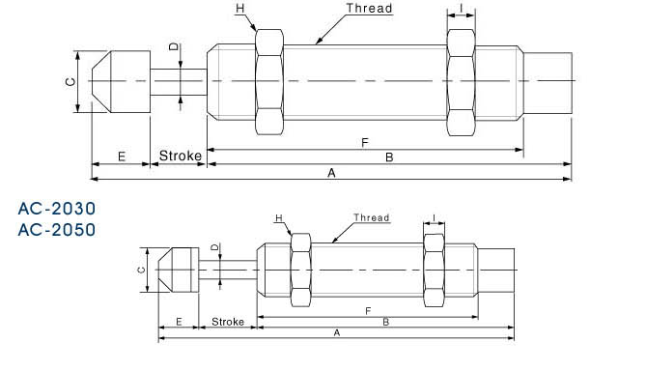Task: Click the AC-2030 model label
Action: [x=57, y=209]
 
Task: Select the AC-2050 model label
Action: [x=57, y=230]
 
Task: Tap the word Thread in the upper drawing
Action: [x=369, y=8]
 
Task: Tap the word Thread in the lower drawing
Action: [x=371, y=217]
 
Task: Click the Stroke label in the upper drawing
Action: [x=180, y=156]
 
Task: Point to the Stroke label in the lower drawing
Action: [x=228, y=322]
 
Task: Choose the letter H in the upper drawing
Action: [x=239, y=8]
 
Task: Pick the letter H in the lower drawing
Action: [x=279, y=218]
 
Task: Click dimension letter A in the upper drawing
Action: [x=331, y=173]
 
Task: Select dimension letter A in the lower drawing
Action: [x=337, y=332]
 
